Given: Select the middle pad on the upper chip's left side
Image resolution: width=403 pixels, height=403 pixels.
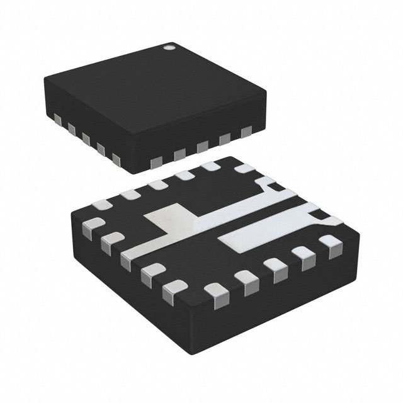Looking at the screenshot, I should tap(85, 137).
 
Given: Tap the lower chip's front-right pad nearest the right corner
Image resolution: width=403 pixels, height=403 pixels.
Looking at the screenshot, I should tap(329, 242).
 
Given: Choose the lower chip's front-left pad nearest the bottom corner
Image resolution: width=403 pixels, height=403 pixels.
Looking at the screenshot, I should tap(171, 290).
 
